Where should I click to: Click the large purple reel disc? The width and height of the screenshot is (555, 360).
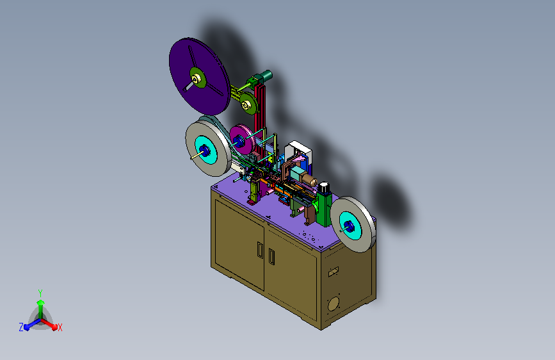click(x=198, y=76)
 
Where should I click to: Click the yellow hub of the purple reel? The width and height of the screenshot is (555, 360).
click(x=197, y=78)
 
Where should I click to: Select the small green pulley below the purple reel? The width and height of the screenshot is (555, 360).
click(x=248, y=104)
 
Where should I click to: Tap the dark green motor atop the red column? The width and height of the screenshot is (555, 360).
click(x=266, y=76)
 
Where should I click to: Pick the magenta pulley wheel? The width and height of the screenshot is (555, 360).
click(x=242, y=139)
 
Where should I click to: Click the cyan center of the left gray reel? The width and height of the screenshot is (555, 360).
click(x=205, y=151)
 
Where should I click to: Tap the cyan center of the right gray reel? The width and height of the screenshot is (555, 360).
click(x=350, y=225)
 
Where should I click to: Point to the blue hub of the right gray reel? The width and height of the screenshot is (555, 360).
click(x=349, y=226)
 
